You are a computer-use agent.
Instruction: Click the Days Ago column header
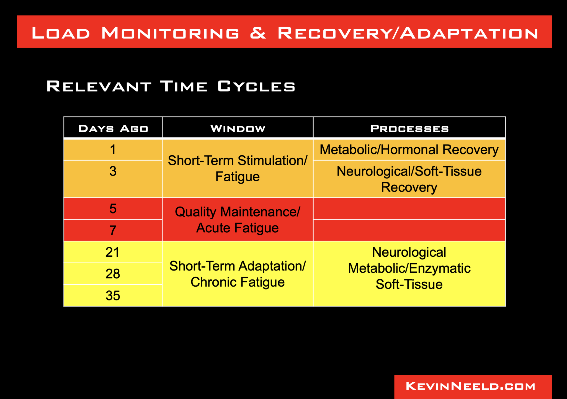pyautogui.click(x=113, y=128)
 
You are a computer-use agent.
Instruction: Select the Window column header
pyautogui.click(x=238, y=128)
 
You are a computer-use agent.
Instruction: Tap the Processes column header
pyautogui.click(x=409, y=128)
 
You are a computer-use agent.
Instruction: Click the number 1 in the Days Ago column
pyautogui.click(x=113, y=150)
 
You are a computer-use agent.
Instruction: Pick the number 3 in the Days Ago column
pyautogui.click(x=113, y=171)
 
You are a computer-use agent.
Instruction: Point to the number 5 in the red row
pyautogui.click(x=113, y=209)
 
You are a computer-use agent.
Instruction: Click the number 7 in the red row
pyautogui.click(x=113, y=230)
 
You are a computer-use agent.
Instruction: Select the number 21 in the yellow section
pyautogui.click(x=112, y=252)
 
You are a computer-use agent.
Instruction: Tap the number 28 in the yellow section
pyautogui.click(x=113, y=274)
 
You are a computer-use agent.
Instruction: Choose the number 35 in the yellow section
pyautogui.click(x=113, y=296)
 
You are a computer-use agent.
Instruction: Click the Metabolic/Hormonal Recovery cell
pyautogui.click(x=409, y=150)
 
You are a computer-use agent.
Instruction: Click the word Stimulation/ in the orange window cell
pyautogui.click(x=272, y=161)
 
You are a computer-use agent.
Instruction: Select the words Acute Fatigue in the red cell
pyautogui.click(x=237, y=228)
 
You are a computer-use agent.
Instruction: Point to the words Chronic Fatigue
pyautogui.click(x=237, y=282)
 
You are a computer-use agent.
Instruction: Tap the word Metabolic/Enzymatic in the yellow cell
pyautogui.click(x=409, y=268)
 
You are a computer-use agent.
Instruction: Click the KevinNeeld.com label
pyautogui.click(x=470, y=386)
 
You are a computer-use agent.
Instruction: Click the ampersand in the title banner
pyautogui.click(x=258, y=33)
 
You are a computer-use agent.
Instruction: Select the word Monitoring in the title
pyautogui.click(x=170, y=33)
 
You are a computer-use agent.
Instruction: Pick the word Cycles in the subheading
pyautogui.click(x=256, y=86)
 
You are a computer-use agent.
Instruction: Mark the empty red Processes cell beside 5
pyautogui.click(x=409, y=209)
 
